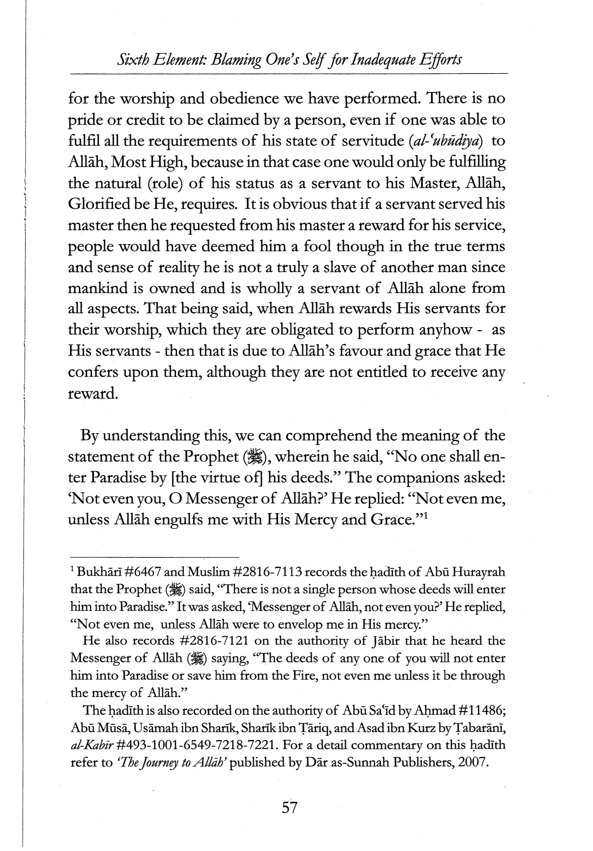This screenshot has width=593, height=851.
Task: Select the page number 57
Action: (x=290, y=806)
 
